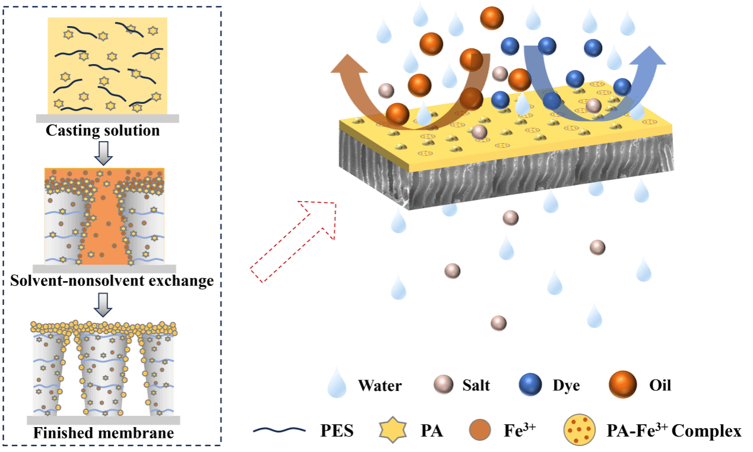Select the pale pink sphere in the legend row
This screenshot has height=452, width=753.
tap(443, 384)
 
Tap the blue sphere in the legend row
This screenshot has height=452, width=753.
tap(530, 384)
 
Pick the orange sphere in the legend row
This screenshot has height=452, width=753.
tap(622, 384)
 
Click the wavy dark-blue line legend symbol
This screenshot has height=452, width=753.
tap(279, 430)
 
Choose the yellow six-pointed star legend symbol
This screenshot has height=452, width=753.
tap(393, 429)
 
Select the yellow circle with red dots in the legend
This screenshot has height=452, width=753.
tap(579, 429)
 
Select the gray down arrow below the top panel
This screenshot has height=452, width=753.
tap(103, 153)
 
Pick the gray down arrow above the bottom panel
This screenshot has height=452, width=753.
tap(103, 304)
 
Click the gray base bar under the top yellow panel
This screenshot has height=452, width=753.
tap(107, 119)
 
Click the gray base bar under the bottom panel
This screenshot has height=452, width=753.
tap(103, 421)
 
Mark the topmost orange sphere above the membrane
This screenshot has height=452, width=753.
tap(492, 18)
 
